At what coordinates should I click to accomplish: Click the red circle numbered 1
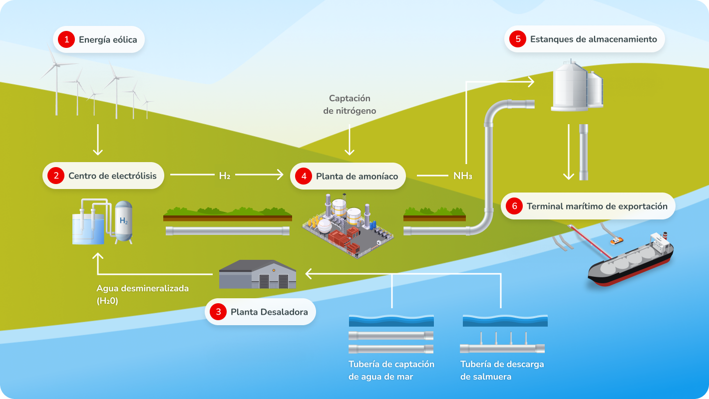tap(66, 39)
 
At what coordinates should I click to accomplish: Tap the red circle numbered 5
tap(517, 39)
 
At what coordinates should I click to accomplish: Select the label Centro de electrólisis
tap(112, 176)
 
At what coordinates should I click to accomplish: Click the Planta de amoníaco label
tap(357, 176)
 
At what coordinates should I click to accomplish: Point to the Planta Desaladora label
tap(269, 312)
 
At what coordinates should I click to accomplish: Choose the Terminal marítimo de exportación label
tap(597, 206)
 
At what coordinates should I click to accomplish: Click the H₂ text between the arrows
tap(224, 176)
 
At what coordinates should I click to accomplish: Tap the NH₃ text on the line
tap(462, 176)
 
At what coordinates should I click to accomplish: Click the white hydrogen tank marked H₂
tap(123, 222)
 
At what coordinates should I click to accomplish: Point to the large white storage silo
tap(570, 86)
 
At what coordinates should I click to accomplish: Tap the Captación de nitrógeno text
tap(350, 105)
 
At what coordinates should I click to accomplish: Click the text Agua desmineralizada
tap(142, 289)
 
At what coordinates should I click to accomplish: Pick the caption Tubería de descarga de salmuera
tap(502, 370)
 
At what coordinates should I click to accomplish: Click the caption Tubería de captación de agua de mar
tap(391, 370)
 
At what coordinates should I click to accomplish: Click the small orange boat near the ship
tap(617, 240)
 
